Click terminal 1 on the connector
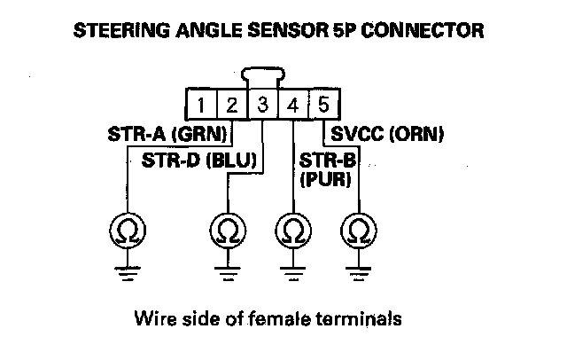click(x=202, y=106)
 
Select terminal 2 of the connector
click(x=232, y=106)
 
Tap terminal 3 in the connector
click(x=263, y=106)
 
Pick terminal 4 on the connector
click(x=293, y=106)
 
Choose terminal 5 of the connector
click(x=323, y=106)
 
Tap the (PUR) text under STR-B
click(x=326, y=179)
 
